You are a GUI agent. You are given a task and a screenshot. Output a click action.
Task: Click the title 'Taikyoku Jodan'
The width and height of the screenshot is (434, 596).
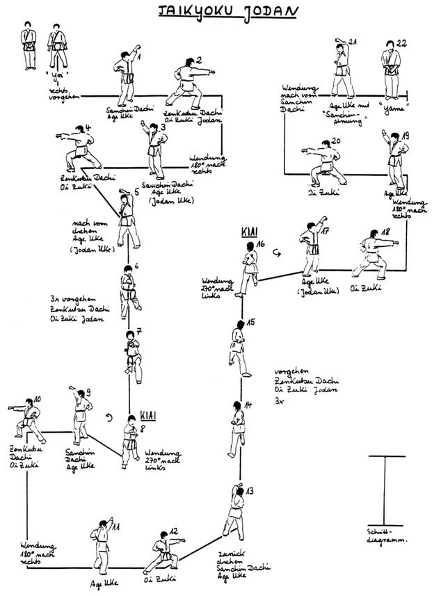pos(216,11)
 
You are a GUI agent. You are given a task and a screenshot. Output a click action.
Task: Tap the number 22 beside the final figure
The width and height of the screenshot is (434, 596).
pos(401,44)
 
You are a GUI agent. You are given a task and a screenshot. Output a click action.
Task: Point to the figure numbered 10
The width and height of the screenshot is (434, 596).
pos(28,420)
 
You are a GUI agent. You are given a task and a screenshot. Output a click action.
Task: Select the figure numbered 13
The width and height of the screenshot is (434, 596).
pos(234,511)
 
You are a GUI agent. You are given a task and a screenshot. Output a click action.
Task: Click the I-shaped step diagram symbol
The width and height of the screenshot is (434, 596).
pos(387,490)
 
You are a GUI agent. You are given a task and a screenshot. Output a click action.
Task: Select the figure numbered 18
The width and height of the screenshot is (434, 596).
pos(374,257)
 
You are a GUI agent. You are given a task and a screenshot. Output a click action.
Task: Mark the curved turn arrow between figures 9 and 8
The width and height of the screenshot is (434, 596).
pos(106,418)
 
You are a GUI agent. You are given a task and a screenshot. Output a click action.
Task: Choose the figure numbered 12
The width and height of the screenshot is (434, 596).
pos(162,554)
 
